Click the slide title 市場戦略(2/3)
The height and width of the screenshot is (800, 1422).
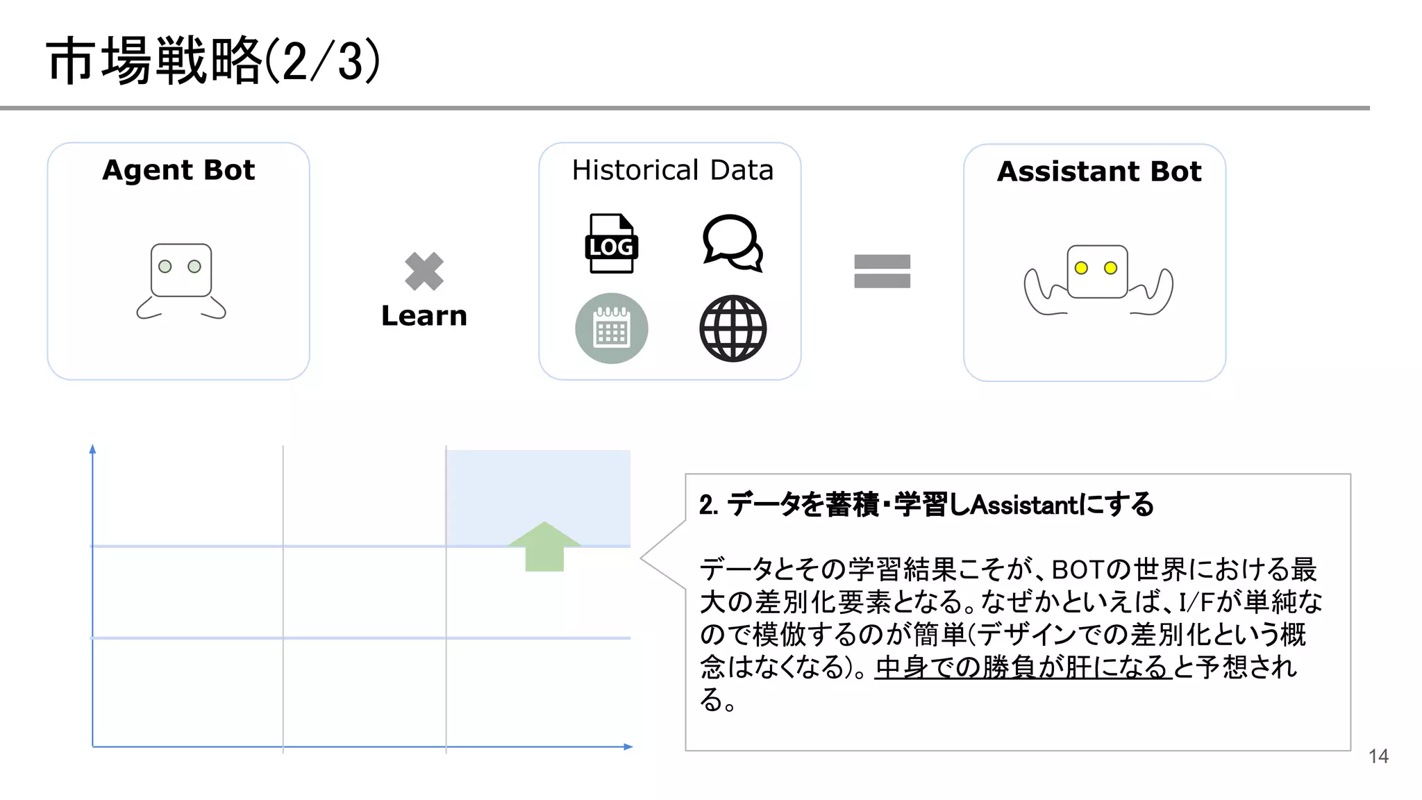(213, 61)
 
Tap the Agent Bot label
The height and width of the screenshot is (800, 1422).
(178, 170)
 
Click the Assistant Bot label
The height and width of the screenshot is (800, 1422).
(1098, 172)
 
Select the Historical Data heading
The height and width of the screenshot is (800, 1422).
(672, 170)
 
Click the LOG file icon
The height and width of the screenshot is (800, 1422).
(611, 244)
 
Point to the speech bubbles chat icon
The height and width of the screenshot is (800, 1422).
(733, 243)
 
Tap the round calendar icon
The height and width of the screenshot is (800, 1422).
(612, 328)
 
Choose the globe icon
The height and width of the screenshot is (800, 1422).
(733, 328)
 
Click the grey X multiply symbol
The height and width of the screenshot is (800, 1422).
(424, 271)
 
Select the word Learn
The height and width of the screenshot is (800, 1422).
(424, 316)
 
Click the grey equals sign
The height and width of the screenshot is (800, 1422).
(882, 271)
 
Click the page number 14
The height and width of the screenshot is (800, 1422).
(1378, 756)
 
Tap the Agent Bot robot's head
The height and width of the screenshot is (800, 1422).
(181, 269)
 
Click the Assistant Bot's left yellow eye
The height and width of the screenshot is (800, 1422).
(1081, 268)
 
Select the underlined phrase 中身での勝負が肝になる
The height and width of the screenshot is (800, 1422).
(1022, 667)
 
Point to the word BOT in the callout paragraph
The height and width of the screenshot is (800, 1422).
(1077, 569)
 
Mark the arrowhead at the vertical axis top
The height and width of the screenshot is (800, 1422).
(92, 449)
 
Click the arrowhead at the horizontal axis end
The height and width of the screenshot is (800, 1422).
(628, 747)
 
